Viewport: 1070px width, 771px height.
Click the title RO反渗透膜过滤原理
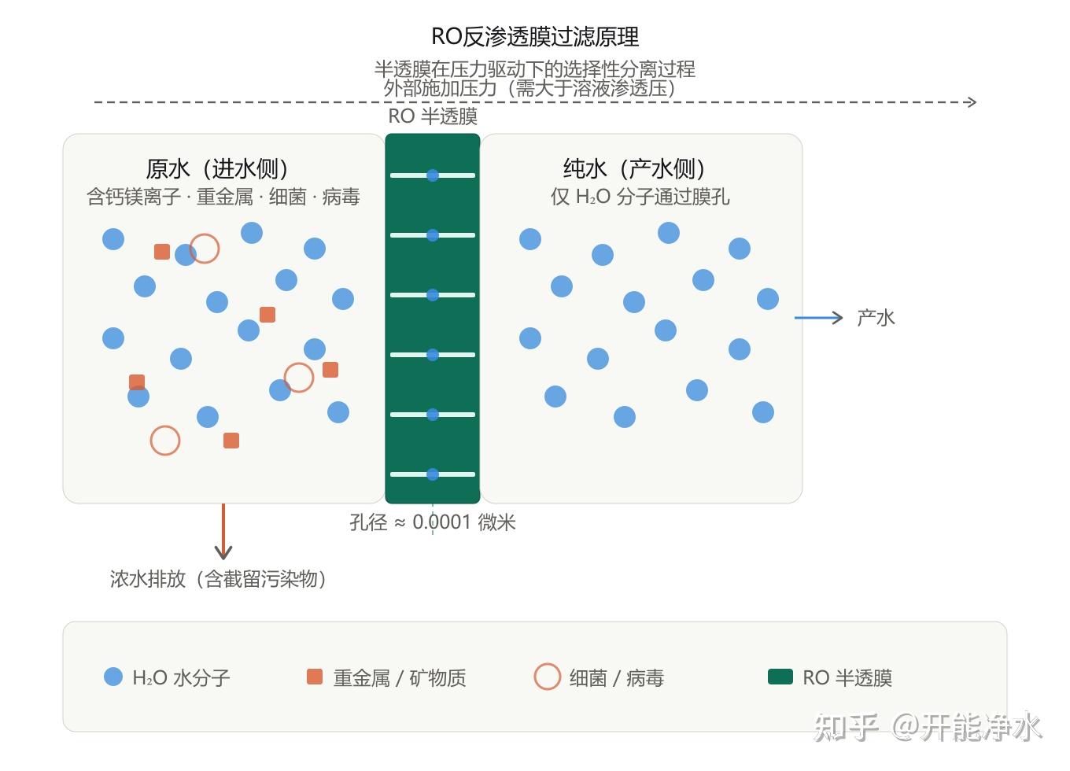pyautogui.click(x=535, y=36)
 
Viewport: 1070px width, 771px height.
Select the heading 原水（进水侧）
pyautogui.click(x=217, y=168)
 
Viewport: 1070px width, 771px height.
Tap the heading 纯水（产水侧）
pyautogui.click(x=634, y=168)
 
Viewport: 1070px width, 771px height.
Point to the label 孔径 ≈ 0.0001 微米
pyautogui.click(x=433, y=522)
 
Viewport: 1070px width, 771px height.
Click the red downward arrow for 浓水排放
pyautogui.click(x=223, y=531)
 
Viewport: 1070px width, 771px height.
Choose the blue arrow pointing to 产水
pyautogui.click(x=818, y=318)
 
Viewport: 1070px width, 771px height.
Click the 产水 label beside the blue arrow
pyautogui.click(x=876, y=318)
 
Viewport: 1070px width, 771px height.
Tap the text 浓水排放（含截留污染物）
pyautogui.click(x=218, y=579)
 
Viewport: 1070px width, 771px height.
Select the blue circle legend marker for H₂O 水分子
pyautogui.click(x=113, y=677)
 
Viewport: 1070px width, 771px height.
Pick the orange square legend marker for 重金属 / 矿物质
pyautogui.click(x=315, y=677)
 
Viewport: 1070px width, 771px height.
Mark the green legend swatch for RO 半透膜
pyautogui.click(x=780, y=677)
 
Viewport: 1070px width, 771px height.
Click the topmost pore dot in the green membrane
pyautogui.click(x=433, y=175)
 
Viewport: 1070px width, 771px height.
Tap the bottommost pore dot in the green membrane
pyautogui.click(x=433, y=474)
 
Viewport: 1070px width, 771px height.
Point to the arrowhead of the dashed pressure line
pyautogui.click(x=972, y=102)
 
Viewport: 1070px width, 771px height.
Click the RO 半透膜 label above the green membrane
pyautogui.click(x=433, y=116)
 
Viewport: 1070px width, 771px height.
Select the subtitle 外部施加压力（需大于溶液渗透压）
pyautogui.click(x=529, y=88)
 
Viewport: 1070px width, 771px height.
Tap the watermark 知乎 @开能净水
pyautogui.click(x=927, y=727)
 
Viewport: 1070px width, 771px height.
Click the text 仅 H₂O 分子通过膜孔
pyautogui.click(x=640, y=197)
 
